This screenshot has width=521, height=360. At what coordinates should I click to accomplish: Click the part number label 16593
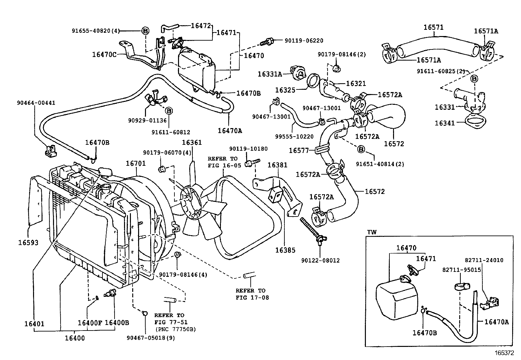(28, 243)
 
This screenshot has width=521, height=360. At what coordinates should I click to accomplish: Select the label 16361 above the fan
(192, 142)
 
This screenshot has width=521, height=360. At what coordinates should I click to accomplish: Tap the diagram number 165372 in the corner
(504, 353)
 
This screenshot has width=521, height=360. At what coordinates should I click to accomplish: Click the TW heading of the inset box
(372, 232)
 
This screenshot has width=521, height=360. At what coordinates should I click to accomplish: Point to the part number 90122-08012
(320, 260)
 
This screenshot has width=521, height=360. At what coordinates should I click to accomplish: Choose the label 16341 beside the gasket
(445, 123)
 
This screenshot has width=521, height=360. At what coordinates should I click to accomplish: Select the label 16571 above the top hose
(434, 28)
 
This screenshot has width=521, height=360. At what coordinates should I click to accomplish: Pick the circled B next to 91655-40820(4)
(145, 31)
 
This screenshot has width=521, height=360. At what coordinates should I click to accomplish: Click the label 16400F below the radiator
(90, 323)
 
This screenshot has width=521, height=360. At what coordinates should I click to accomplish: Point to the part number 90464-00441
(36, 103)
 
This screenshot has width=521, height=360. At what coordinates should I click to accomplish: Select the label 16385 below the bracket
(285, 250)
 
